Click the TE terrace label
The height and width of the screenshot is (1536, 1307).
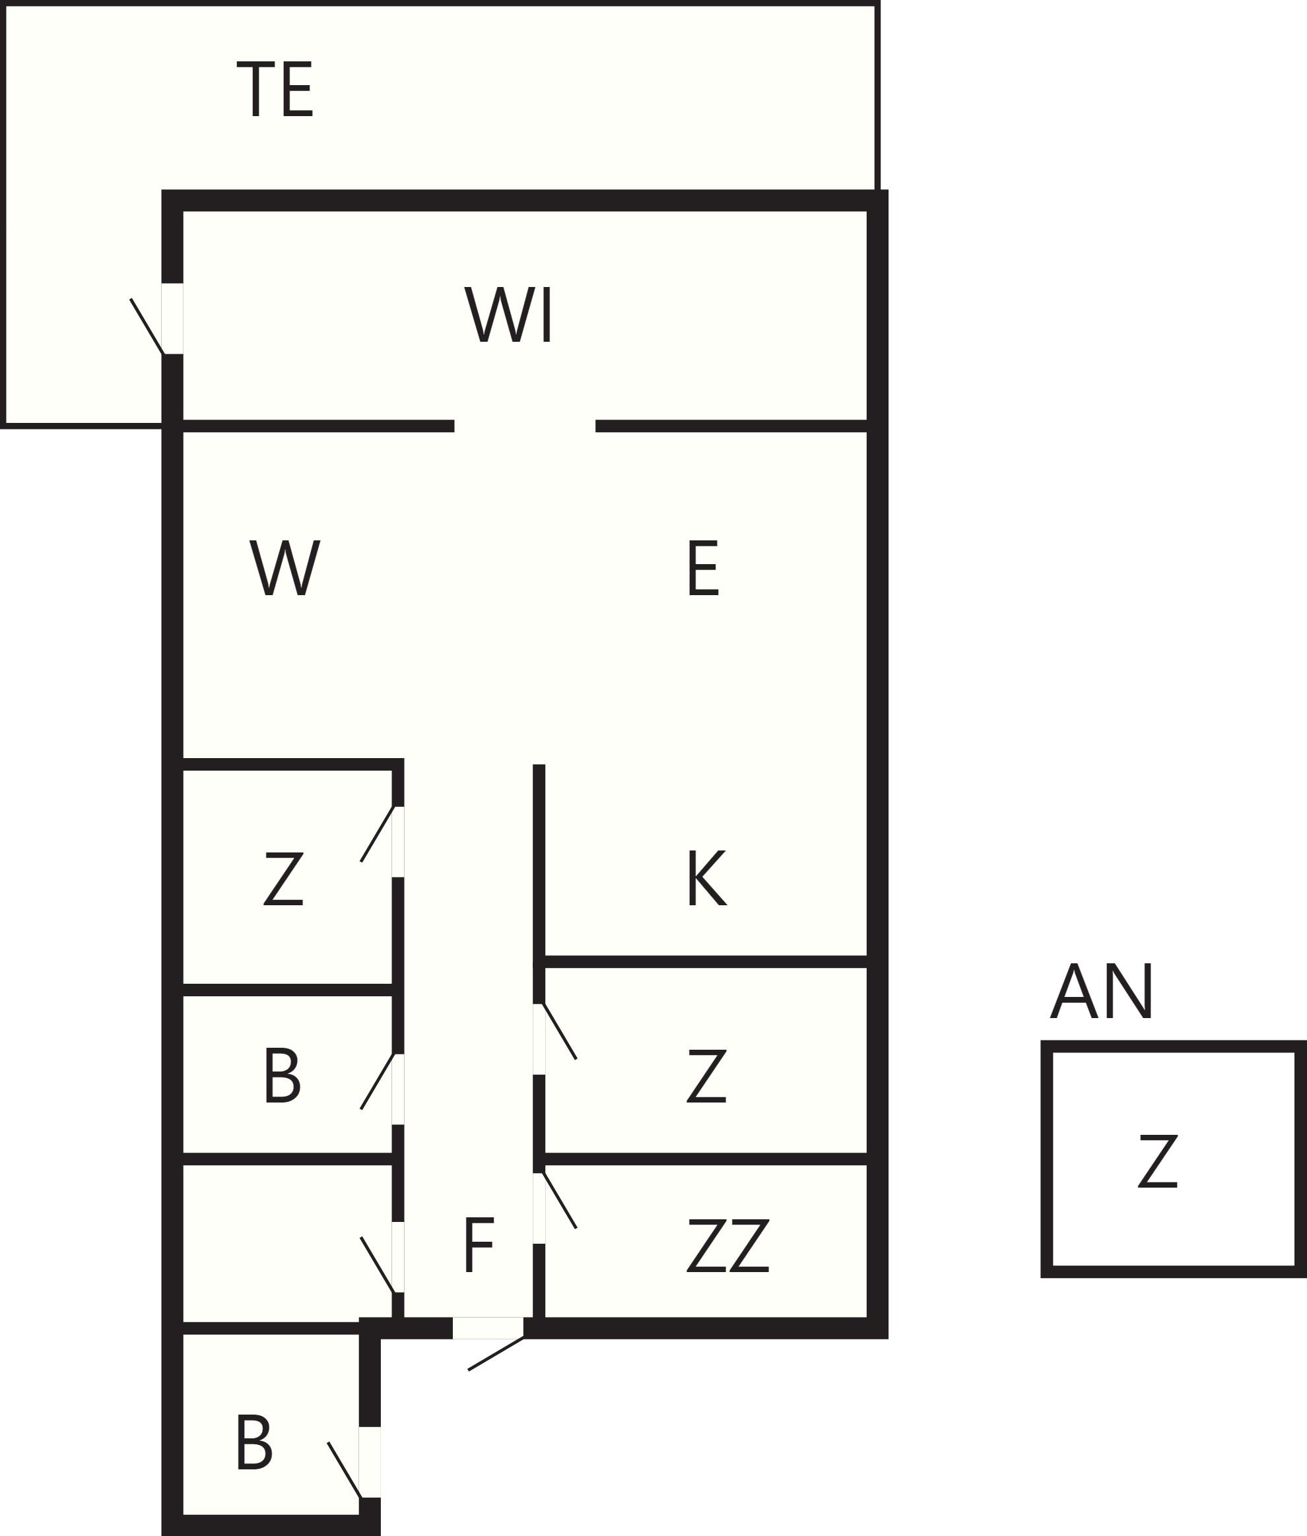[275, 89]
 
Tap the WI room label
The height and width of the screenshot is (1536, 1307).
[508, 314]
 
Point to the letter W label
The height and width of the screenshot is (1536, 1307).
[285, 567]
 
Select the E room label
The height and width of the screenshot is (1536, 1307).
[703, 568]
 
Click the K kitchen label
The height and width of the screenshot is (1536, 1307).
[707, 878]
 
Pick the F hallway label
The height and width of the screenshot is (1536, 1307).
[479, 1183]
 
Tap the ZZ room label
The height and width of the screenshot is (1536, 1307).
[728, 1183]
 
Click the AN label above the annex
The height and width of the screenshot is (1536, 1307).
[1102, 991]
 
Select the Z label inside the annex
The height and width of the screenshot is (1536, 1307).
[1158, 1161]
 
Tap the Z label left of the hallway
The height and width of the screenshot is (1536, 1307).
[284, 878]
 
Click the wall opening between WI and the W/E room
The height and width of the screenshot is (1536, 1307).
[525, 426]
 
